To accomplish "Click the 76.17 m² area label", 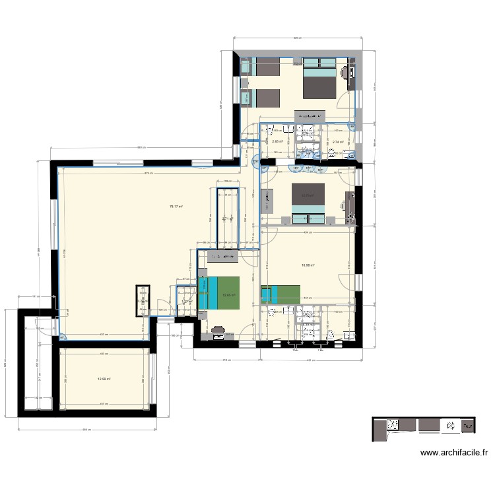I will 176,207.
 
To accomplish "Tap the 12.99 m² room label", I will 104,379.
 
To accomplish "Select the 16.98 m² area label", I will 308,266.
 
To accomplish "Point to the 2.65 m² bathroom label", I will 277,141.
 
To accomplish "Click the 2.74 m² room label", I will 339,141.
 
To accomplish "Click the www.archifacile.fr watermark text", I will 454,453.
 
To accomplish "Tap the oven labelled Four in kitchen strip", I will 467,426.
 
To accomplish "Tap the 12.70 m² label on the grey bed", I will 308,195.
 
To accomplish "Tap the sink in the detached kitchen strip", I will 453,426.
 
